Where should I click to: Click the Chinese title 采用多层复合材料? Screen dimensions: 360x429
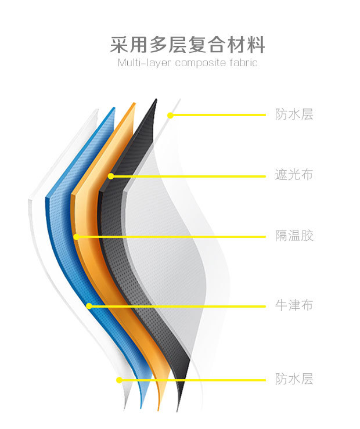188,45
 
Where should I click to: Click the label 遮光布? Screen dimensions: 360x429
294,175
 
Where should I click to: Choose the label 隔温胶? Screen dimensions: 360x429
294,236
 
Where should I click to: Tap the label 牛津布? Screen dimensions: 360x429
294,305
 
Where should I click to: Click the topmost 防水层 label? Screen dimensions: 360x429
294,114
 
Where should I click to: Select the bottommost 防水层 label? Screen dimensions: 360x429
294,380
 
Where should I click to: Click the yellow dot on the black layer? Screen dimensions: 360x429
111,175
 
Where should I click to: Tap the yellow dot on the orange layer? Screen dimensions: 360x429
75,237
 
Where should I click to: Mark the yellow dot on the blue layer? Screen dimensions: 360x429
89,306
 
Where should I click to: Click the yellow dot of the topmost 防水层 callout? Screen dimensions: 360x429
170,115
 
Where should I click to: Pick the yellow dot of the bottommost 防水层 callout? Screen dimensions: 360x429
119,380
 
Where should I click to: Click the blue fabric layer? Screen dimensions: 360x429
64,232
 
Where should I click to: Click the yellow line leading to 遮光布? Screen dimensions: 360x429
192,175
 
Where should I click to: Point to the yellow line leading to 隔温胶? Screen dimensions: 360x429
174,237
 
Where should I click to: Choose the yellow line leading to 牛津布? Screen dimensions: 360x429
180,306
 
